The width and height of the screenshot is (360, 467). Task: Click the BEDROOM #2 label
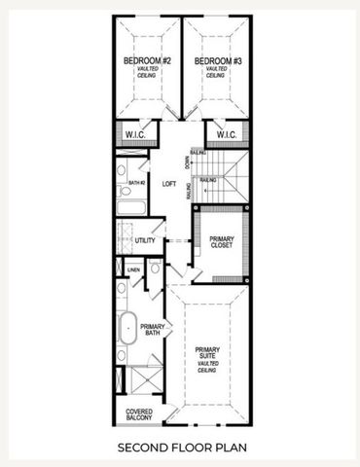[147, 61]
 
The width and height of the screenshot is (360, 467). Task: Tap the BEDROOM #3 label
[217, 61]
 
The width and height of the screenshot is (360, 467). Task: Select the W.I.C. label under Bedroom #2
[133, 134]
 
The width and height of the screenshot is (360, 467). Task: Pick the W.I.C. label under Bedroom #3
[227, 134]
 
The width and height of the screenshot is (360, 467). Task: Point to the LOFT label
[168, 182]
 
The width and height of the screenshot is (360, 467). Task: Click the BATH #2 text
[137, 183]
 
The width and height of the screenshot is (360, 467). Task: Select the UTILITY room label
[145, 239]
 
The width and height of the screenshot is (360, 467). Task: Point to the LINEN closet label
[133, 269]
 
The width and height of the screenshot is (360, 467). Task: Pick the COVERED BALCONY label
[139, 415]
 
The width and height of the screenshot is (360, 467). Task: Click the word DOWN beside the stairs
[187, 160]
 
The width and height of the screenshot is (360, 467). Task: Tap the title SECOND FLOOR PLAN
[179, 449]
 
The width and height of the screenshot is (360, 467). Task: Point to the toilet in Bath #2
[122, 170]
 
